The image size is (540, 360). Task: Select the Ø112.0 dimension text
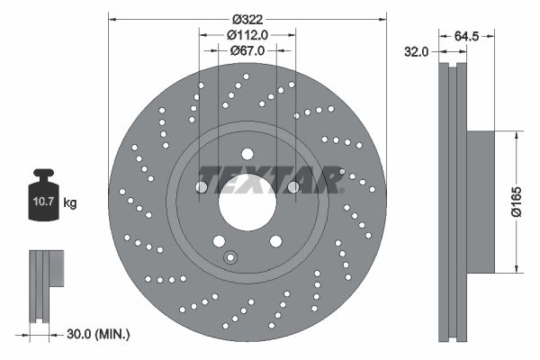(247, 35)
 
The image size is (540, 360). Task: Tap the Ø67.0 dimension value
(247, 51)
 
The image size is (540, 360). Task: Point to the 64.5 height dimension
(465, 37)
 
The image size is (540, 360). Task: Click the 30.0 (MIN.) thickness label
(99, 334)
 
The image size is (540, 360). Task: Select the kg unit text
(70, 202)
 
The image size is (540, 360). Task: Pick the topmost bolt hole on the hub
(247, 153)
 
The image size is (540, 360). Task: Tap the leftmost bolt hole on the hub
(201, 187)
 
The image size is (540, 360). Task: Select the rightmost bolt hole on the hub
(293, 187)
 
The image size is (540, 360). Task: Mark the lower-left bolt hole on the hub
(218, 240)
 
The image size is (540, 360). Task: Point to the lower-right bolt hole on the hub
(275, 240)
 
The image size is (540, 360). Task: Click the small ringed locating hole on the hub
(230, 258)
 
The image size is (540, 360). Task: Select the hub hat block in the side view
(481, 202)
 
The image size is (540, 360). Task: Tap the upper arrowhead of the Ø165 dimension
(516, 136)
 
